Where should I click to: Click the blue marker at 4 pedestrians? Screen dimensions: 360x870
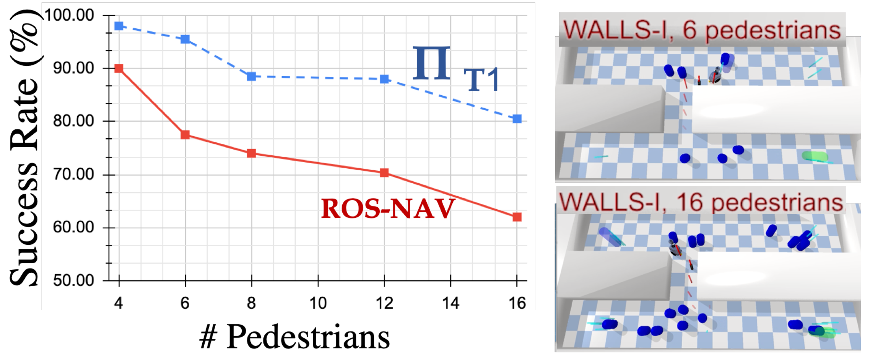click(x=119, y=26)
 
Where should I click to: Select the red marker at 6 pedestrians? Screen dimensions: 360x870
click(x=185, y=135)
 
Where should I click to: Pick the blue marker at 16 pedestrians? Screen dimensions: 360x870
click(x=517, y=119)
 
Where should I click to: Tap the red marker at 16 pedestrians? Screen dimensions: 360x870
click(x=517, y=217)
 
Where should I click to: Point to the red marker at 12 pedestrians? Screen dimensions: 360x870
click(x=384, y=173)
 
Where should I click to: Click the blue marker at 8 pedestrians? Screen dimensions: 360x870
click(x=251, y=77)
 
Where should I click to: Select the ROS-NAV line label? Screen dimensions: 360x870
click(x=387, y=209)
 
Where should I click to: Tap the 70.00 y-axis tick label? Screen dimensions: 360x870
click(x=73, y=174)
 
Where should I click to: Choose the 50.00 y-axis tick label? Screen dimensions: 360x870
click(x=73, y=280)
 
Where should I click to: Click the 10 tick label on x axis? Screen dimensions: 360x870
click(x=318, y=303)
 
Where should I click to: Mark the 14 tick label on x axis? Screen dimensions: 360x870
click(x=450, y=303)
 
